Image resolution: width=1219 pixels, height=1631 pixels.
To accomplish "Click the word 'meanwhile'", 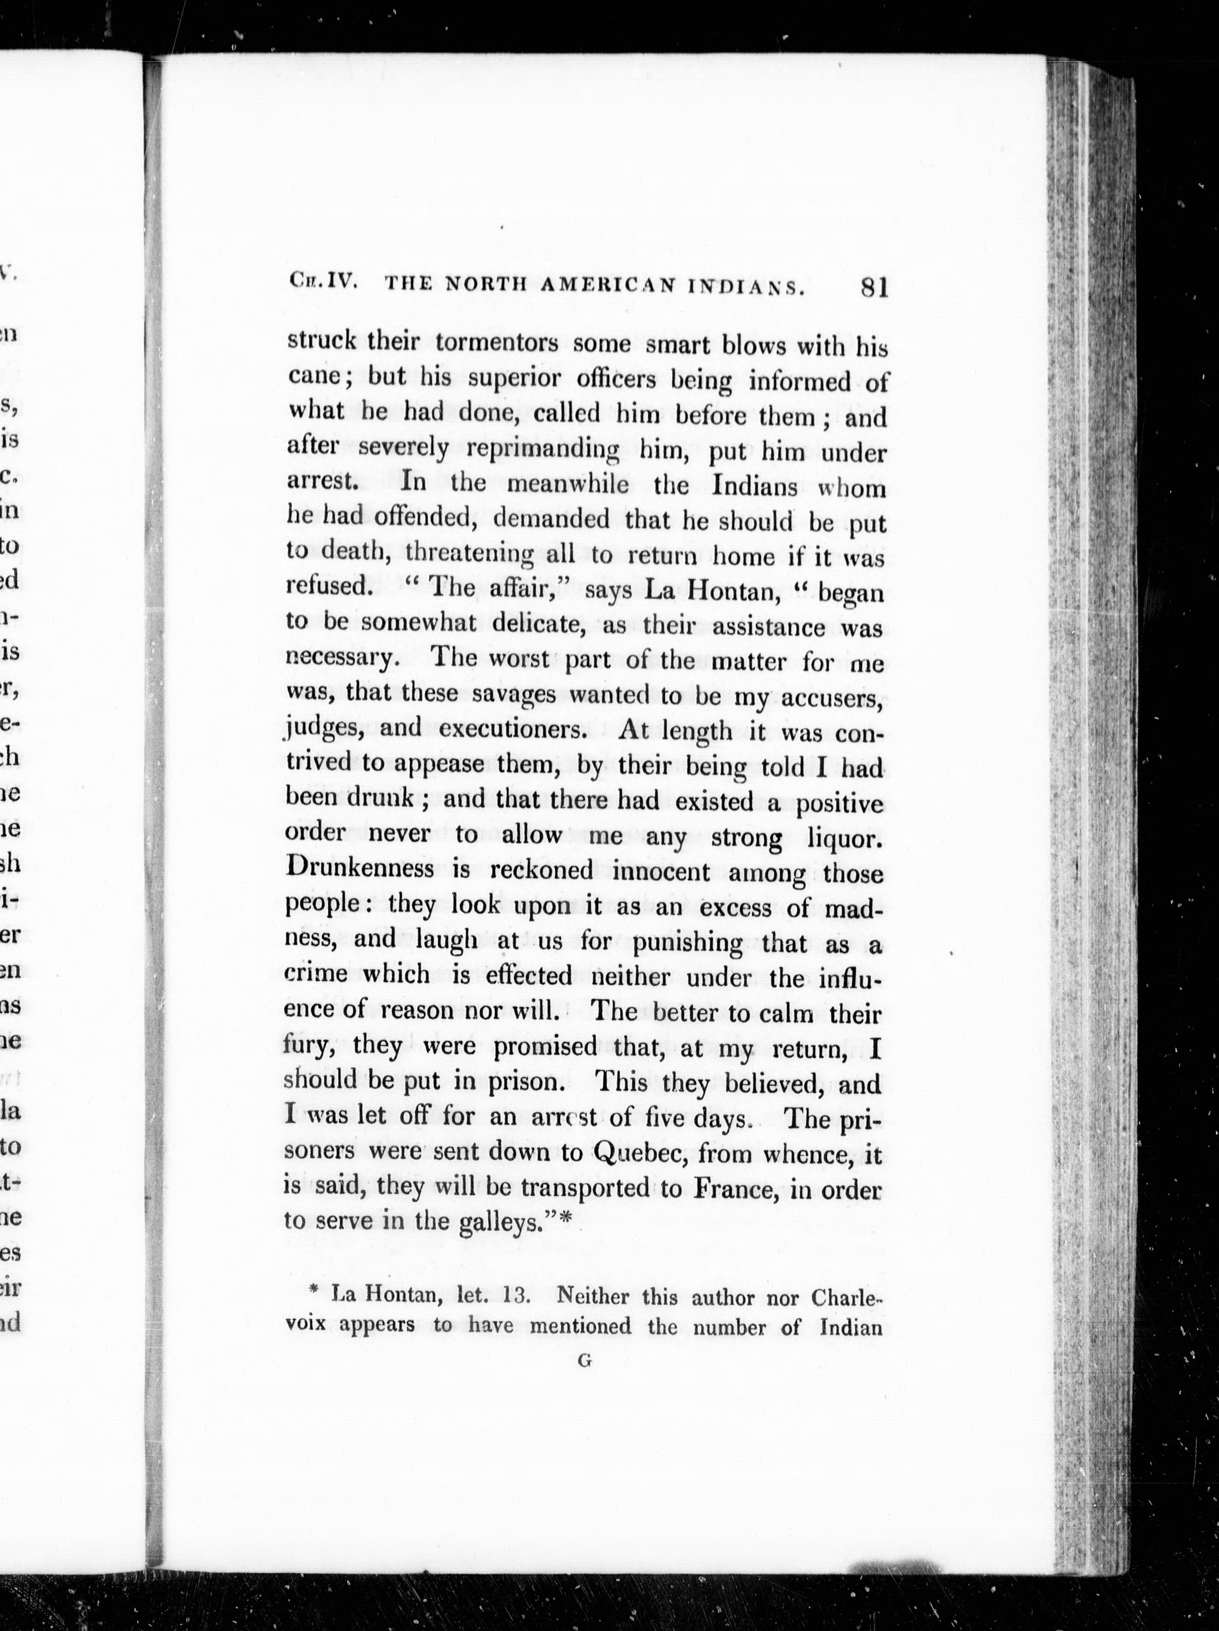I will tap(568, 484).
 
